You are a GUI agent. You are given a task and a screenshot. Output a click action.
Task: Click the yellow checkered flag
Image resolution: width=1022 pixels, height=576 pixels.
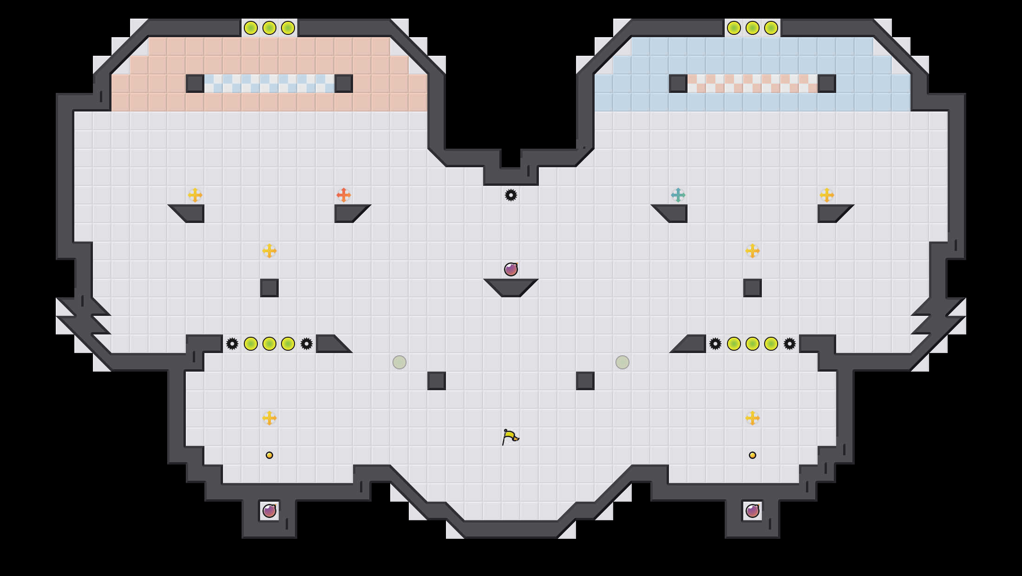(x=510, y=437)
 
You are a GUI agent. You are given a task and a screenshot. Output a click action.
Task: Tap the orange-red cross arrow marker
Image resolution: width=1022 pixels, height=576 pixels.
(x=343, y=195)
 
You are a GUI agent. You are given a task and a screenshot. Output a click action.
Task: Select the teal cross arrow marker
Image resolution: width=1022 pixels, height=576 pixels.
(x=678, y=195)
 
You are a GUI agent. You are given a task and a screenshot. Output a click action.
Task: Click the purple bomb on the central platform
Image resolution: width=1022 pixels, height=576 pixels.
(x=511, y=269)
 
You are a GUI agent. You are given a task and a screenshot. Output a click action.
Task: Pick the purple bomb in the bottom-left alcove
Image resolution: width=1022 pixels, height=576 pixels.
(x=269, y=511)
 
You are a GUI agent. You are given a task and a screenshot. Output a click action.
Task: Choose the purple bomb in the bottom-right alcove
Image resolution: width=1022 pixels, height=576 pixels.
(x=753, y=511)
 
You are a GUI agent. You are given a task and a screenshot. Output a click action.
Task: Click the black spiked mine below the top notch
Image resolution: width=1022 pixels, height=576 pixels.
(x=511, y=195)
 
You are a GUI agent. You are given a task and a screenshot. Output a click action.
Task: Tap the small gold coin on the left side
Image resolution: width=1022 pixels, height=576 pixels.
(x=269, y=455)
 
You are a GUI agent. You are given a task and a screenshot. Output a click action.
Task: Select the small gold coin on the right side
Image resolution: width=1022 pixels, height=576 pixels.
(x=753, y=455)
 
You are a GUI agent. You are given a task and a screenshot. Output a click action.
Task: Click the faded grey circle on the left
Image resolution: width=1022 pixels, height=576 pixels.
(x=400, y=362)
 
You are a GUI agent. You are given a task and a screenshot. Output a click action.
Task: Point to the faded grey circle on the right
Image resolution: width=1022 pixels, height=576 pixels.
(x=622, y=362)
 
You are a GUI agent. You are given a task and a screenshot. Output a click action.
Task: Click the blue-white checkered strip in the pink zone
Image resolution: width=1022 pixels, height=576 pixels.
(x=269, y=84)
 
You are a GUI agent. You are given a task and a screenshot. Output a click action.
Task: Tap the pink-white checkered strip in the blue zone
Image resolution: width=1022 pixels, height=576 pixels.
(x=753, y=84)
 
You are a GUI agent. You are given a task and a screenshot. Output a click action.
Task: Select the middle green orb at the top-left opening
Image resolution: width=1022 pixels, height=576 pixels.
(x=269, y=28)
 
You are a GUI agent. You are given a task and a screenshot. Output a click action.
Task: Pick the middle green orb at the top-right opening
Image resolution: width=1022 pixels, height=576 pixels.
(x=753, y=28)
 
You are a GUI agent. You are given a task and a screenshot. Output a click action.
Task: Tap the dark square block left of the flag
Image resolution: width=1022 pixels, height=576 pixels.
(x=437, y=381)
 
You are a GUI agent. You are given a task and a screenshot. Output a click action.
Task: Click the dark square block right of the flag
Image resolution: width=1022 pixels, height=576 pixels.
(x=585, y=381)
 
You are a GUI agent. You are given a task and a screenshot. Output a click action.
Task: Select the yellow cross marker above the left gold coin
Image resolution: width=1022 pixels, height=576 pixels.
(x=269, y=418)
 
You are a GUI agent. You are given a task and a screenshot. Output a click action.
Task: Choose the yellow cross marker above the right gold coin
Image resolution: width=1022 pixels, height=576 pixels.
(x=753, y=418)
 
